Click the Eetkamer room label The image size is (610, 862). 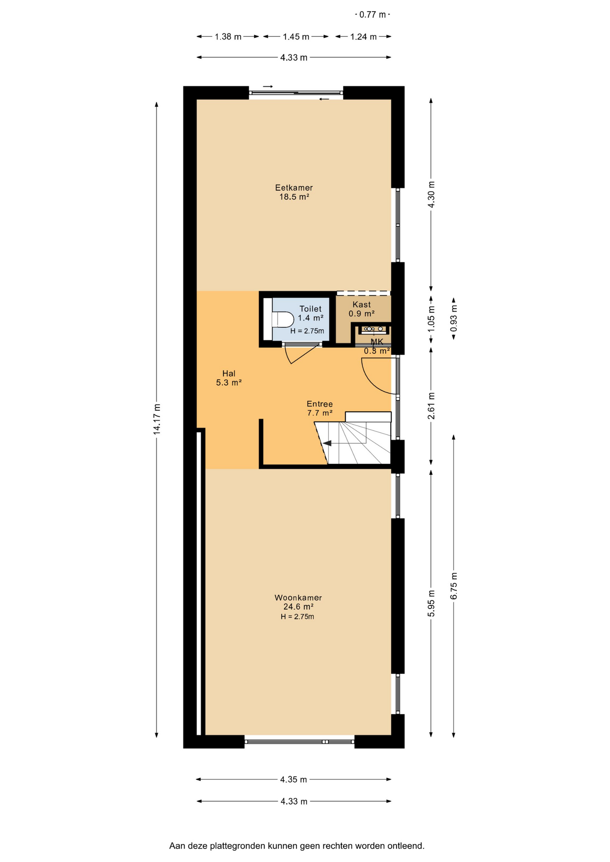point(294,188)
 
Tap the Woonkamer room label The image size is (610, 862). point(298,598)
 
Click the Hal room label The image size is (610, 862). point(229,374)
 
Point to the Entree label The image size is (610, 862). point(319,404)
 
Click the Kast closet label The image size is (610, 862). point(362,305)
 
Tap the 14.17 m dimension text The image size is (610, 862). point(157,419)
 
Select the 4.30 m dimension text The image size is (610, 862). point(431,194)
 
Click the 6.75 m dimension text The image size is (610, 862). point(454,586)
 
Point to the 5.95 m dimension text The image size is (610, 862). point(431,603)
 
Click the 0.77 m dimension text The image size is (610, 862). point(372,15)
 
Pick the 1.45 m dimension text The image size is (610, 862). point(296,37)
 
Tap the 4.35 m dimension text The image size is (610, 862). point(294,779)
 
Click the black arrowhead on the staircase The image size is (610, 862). point(327,443)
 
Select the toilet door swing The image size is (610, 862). point(304,353)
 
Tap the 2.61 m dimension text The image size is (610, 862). point(431,406)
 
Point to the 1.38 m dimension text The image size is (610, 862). point(228,37)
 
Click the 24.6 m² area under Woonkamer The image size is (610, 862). point(298,607)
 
